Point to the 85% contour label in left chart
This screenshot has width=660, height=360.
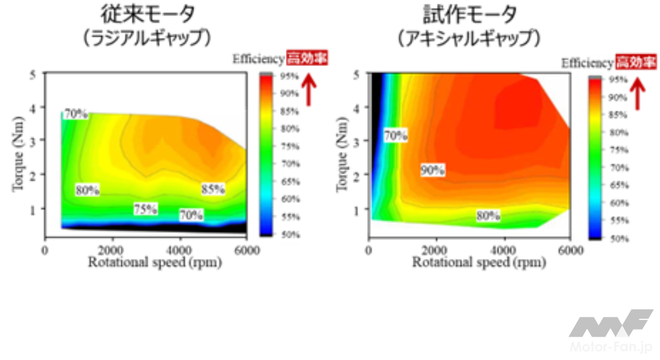[213, 189]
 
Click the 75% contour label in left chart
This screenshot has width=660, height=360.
[145, 209]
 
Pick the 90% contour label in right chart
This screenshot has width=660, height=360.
[432, 170]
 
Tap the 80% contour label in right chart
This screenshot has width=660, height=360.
[488, 216]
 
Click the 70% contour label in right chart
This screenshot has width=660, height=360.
[395, 135]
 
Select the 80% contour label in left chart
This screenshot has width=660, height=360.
[87, 190]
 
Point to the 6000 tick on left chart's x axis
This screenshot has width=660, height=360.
[247, 250]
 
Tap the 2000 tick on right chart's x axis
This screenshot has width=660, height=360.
[436, 250]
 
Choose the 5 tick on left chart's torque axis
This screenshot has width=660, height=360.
[33, 74]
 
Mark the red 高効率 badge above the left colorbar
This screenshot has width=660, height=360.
[307, 59]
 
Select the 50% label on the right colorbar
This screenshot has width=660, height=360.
[619, 238]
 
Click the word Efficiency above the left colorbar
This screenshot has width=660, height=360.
[258, 60]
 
